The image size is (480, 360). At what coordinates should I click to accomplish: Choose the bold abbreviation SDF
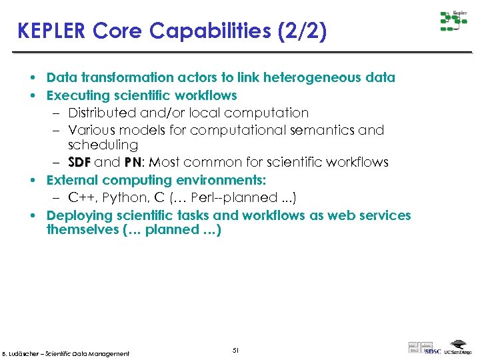[x=80, y=163]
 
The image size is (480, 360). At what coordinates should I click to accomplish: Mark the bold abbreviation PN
[x=131, y=163]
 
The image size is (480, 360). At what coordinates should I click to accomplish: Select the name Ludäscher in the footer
[x=26, y=353]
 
